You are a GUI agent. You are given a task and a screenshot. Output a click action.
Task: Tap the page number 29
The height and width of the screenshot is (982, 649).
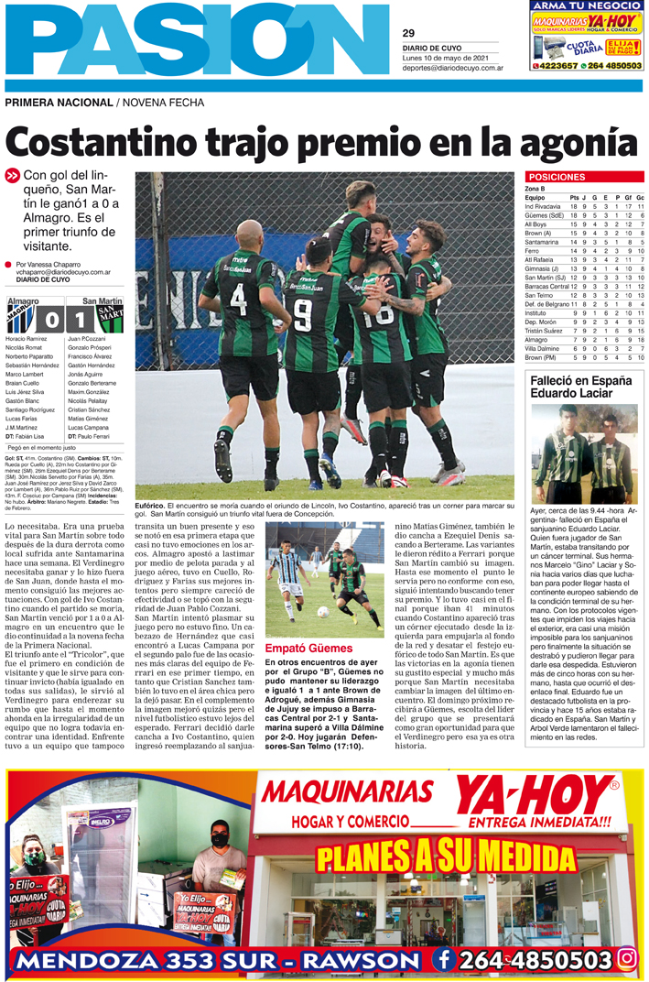pos(408,33)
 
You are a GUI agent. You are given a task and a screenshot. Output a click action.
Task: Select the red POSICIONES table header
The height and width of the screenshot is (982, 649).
pos(557,177)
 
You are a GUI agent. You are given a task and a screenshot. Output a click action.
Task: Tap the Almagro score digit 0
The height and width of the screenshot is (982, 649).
pos(51,321)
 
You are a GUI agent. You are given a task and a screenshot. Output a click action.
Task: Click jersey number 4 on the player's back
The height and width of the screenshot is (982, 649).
pos(239,298)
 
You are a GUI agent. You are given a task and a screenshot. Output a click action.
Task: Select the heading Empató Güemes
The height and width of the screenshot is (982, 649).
pos(298,649)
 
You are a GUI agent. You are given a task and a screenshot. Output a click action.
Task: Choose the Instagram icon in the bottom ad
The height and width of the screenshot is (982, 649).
pos(627,958)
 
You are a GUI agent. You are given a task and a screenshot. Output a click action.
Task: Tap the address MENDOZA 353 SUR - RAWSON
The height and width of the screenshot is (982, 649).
pos(217,961)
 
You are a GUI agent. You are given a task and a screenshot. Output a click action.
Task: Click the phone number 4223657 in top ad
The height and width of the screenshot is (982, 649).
pos(557,66)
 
